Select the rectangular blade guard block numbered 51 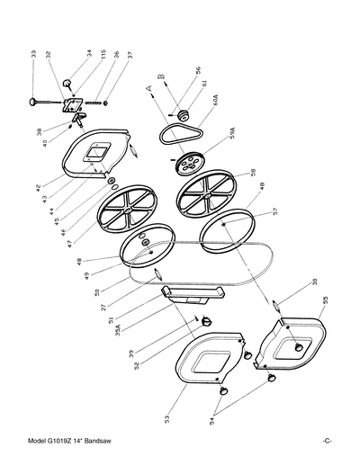[190, 292]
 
